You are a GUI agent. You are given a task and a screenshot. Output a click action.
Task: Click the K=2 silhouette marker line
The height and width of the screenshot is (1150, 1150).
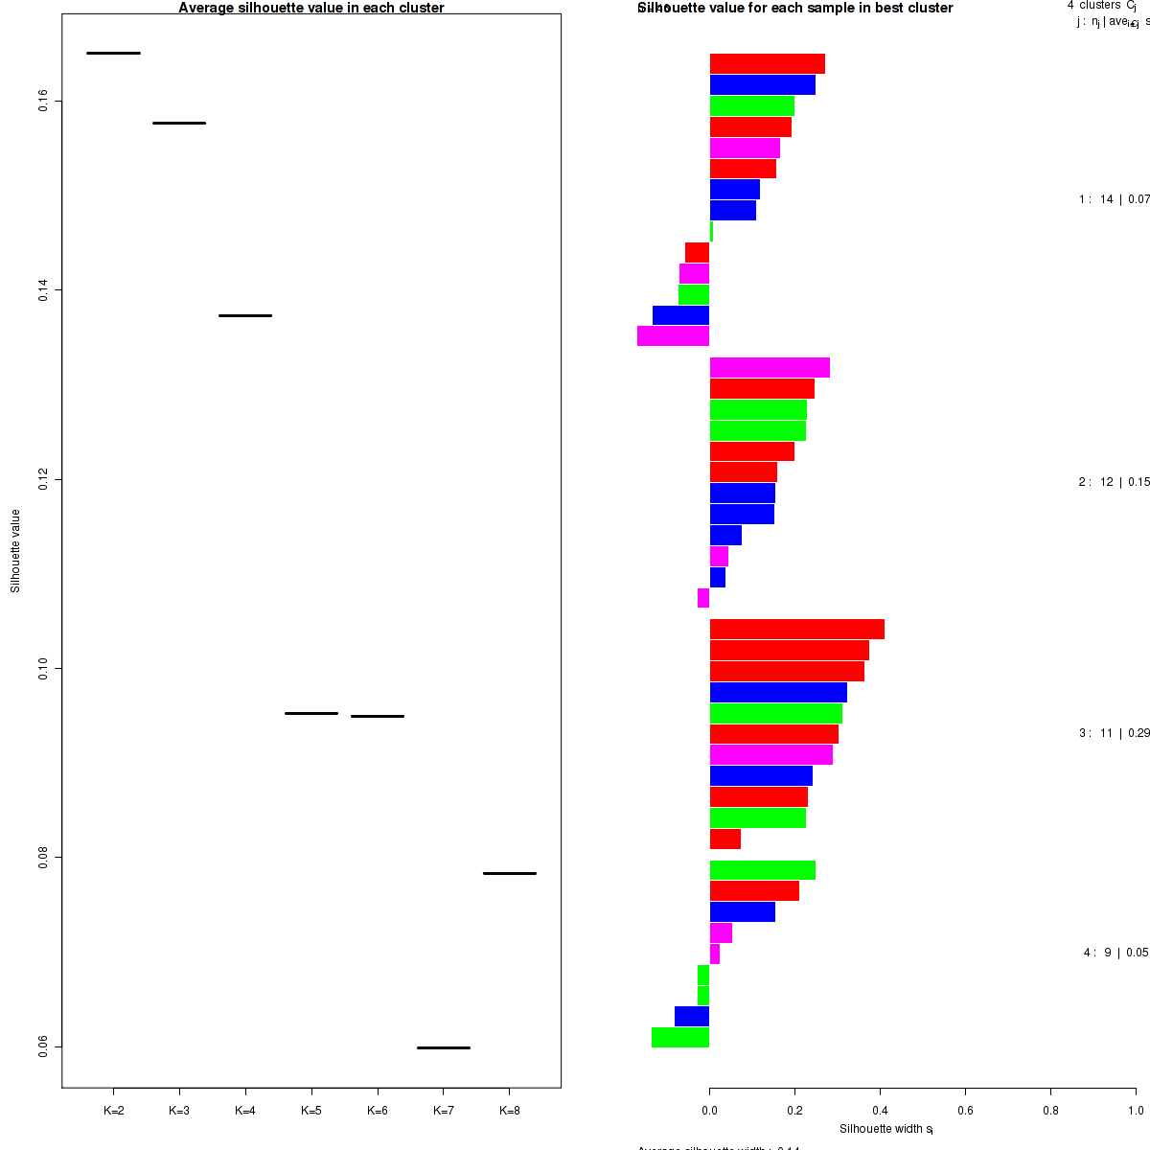click(113, 53)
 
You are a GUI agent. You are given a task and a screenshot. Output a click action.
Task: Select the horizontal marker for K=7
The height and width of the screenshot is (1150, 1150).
click(444, 1047)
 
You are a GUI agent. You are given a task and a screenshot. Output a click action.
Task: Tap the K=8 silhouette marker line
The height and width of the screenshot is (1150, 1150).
click(510, 873)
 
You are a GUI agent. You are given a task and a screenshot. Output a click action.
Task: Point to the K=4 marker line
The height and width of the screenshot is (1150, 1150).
click(245, 315)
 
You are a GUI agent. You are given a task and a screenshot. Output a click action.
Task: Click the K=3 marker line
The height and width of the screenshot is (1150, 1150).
click(179, 123)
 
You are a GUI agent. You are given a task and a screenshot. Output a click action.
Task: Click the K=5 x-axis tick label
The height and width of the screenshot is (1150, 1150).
click(311, 1111)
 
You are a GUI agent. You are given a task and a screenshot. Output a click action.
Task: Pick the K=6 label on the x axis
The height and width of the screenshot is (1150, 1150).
click(378, 1111)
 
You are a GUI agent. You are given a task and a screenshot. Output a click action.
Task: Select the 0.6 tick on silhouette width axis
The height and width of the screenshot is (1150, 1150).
click(965, 1111)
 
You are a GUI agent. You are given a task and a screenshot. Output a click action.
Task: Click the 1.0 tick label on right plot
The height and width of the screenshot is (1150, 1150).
click(1136, 1111)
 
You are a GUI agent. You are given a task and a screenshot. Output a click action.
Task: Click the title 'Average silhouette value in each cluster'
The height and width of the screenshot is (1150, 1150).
click(311, 8)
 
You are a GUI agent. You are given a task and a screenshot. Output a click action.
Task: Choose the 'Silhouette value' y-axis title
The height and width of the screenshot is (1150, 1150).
click(15, 551)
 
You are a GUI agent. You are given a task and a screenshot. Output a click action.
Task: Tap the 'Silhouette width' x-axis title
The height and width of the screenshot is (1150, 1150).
click(885, 1129)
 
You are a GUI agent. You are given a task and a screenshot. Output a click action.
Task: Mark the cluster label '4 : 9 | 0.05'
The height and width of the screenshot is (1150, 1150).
click(1115, 953)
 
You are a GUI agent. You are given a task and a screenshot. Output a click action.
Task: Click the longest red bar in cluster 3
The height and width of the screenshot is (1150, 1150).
click(796, 630)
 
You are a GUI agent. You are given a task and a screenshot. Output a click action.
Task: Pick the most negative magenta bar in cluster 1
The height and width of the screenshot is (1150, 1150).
click(673, 336)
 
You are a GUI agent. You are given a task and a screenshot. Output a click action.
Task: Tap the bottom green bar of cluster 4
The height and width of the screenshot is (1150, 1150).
click(680, 1038)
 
